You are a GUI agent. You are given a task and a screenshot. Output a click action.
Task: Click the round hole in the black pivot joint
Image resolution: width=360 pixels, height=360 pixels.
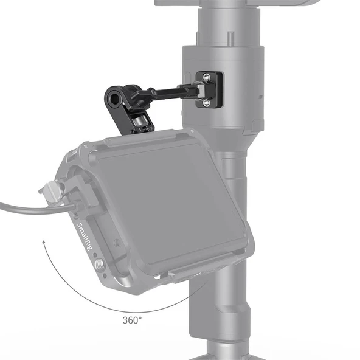tap(115, 95)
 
